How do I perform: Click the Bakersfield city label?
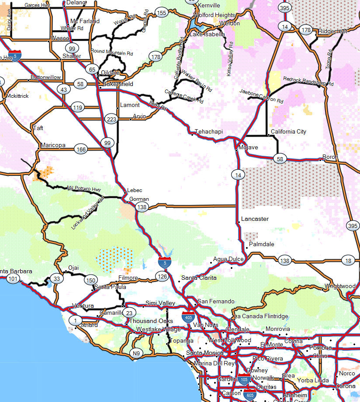[x=118, y=84]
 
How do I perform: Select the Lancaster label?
[x=255, y=219]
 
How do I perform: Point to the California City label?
[x=288, y=131]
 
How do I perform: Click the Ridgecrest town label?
[x=332, y=31]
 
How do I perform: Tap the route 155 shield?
[x=161, y=13]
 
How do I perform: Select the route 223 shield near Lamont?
[x=111, y=119]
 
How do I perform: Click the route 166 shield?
[x=81, y=149]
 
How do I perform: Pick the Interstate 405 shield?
[x=189, y=316]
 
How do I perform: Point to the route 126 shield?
[x=162, y=276]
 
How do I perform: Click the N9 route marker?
[x=137, y=353]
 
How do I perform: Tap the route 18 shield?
[x=348, y=261]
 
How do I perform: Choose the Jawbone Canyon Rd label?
[x=262, y=96]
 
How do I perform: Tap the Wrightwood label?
[x=340, y=286]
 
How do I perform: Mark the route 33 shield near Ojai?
[x=55, y=278]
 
